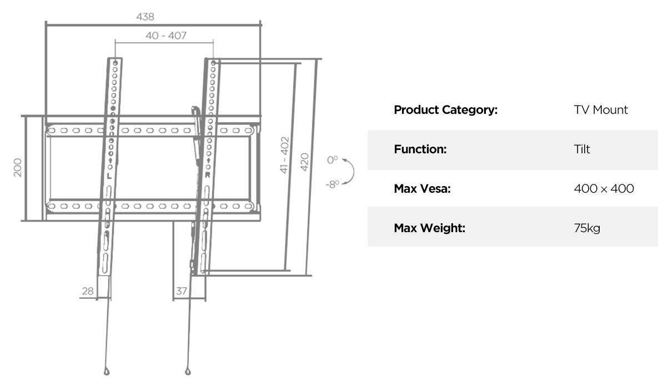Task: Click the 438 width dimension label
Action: coord(145,17)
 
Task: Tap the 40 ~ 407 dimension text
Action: coord(166,36)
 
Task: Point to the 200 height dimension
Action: coord(18,167)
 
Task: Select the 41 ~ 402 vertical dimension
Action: coord(284,155)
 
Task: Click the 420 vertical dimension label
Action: coord(305,162)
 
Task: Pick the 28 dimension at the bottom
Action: coord(88,291)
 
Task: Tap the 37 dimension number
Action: coord(181,291)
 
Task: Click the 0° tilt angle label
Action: coord(333,160)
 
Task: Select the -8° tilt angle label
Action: coord(333,184)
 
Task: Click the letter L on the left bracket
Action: coord(109,176)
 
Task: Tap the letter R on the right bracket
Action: coord(207,175)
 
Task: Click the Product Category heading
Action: coord(446,110)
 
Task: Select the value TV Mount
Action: coord(601,110)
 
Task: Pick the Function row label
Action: coord(420,149)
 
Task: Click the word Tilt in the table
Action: coord(582,149)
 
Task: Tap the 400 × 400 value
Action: coord(604,189)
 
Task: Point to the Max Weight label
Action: coord(430,228)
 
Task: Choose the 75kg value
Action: coord(587,228)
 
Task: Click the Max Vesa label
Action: coord(422,189)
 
